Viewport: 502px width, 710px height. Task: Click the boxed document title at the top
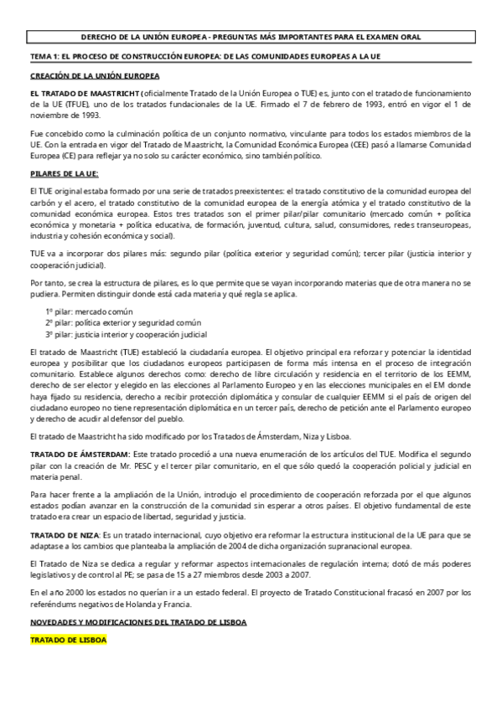coord(251,38)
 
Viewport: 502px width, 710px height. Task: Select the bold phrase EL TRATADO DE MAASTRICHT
coord(84,93)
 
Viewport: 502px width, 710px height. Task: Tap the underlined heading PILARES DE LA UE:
coord(64,173)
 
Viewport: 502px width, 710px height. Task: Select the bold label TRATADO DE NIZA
coord(64,533)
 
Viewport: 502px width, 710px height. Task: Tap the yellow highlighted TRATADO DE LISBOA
coord(68,640)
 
